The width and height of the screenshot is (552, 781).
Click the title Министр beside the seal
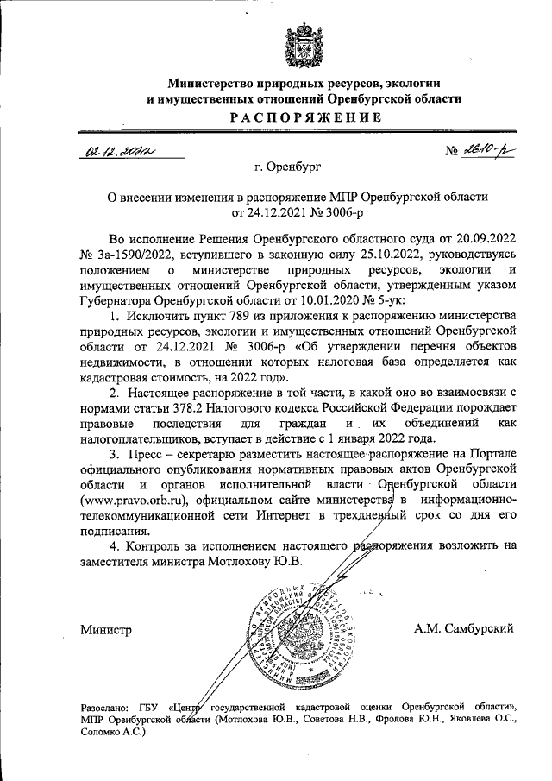(x=106, y=630)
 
